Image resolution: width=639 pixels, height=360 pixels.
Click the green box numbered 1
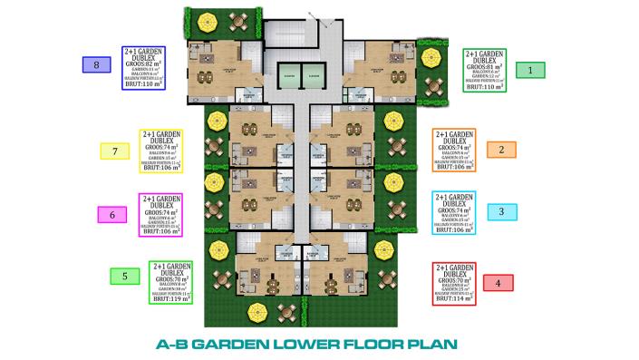click(x=530, y=69)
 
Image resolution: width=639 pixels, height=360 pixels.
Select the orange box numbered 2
click(x=501, y=149)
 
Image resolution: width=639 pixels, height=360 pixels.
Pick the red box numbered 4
click(x=498, y=282)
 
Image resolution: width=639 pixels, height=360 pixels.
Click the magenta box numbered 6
click(x=111, y=215)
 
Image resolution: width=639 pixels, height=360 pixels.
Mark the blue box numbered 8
click(x=96, y=64)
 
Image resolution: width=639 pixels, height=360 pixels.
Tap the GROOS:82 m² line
click(x=142, y=66)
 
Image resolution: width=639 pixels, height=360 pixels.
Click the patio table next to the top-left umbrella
click(x=240, y=20)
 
